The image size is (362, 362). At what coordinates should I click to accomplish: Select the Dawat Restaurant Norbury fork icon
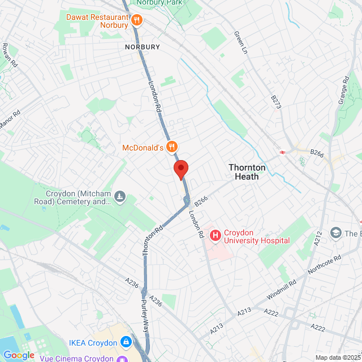point(136,21)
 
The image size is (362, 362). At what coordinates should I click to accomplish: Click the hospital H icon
point(215,235)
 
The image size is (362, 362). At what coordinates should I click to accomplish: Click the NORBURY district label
point(143,47)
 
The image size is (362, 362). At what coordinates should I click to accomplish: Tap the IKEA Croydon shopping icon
point(125,342)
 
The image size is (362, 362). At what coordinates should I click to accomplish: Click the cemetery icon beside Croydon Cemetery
point(120,197)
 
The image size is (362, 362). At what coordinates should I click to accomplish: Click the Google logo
point(19,355)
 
